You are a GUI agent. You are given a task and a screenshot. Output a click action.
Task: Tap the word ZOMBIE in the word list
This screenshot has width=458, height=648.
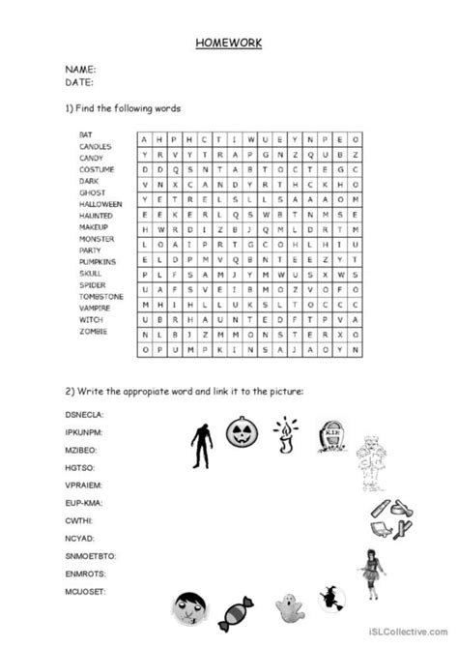[93, 331]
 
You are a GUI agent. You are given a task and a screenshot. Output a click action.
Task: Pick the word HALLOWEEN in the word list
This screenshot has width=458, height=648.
[100, 204]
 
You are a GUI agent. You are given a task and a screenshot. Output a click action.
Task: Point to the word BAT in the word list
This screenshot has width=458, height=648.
[86, 134]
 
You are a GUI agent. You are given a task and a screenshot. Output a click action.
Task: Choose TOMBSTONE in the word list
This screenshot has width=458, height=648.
[100, 296]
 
